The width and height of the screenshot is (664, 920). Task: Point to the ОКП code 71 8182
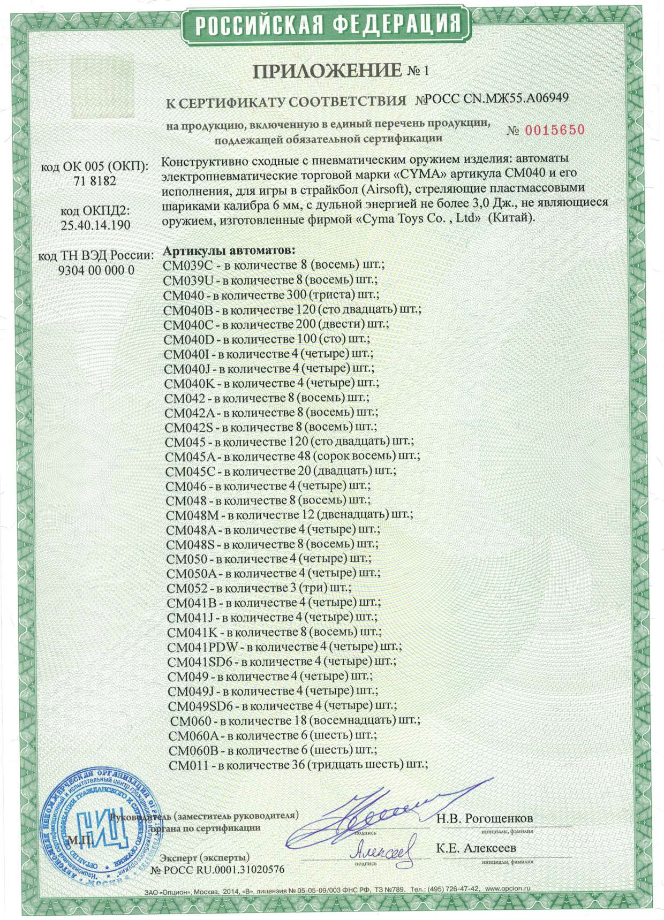[x=94, y=181]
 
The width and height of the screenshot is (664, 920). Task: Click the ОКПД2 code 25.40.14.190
[x=95, y=224]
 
